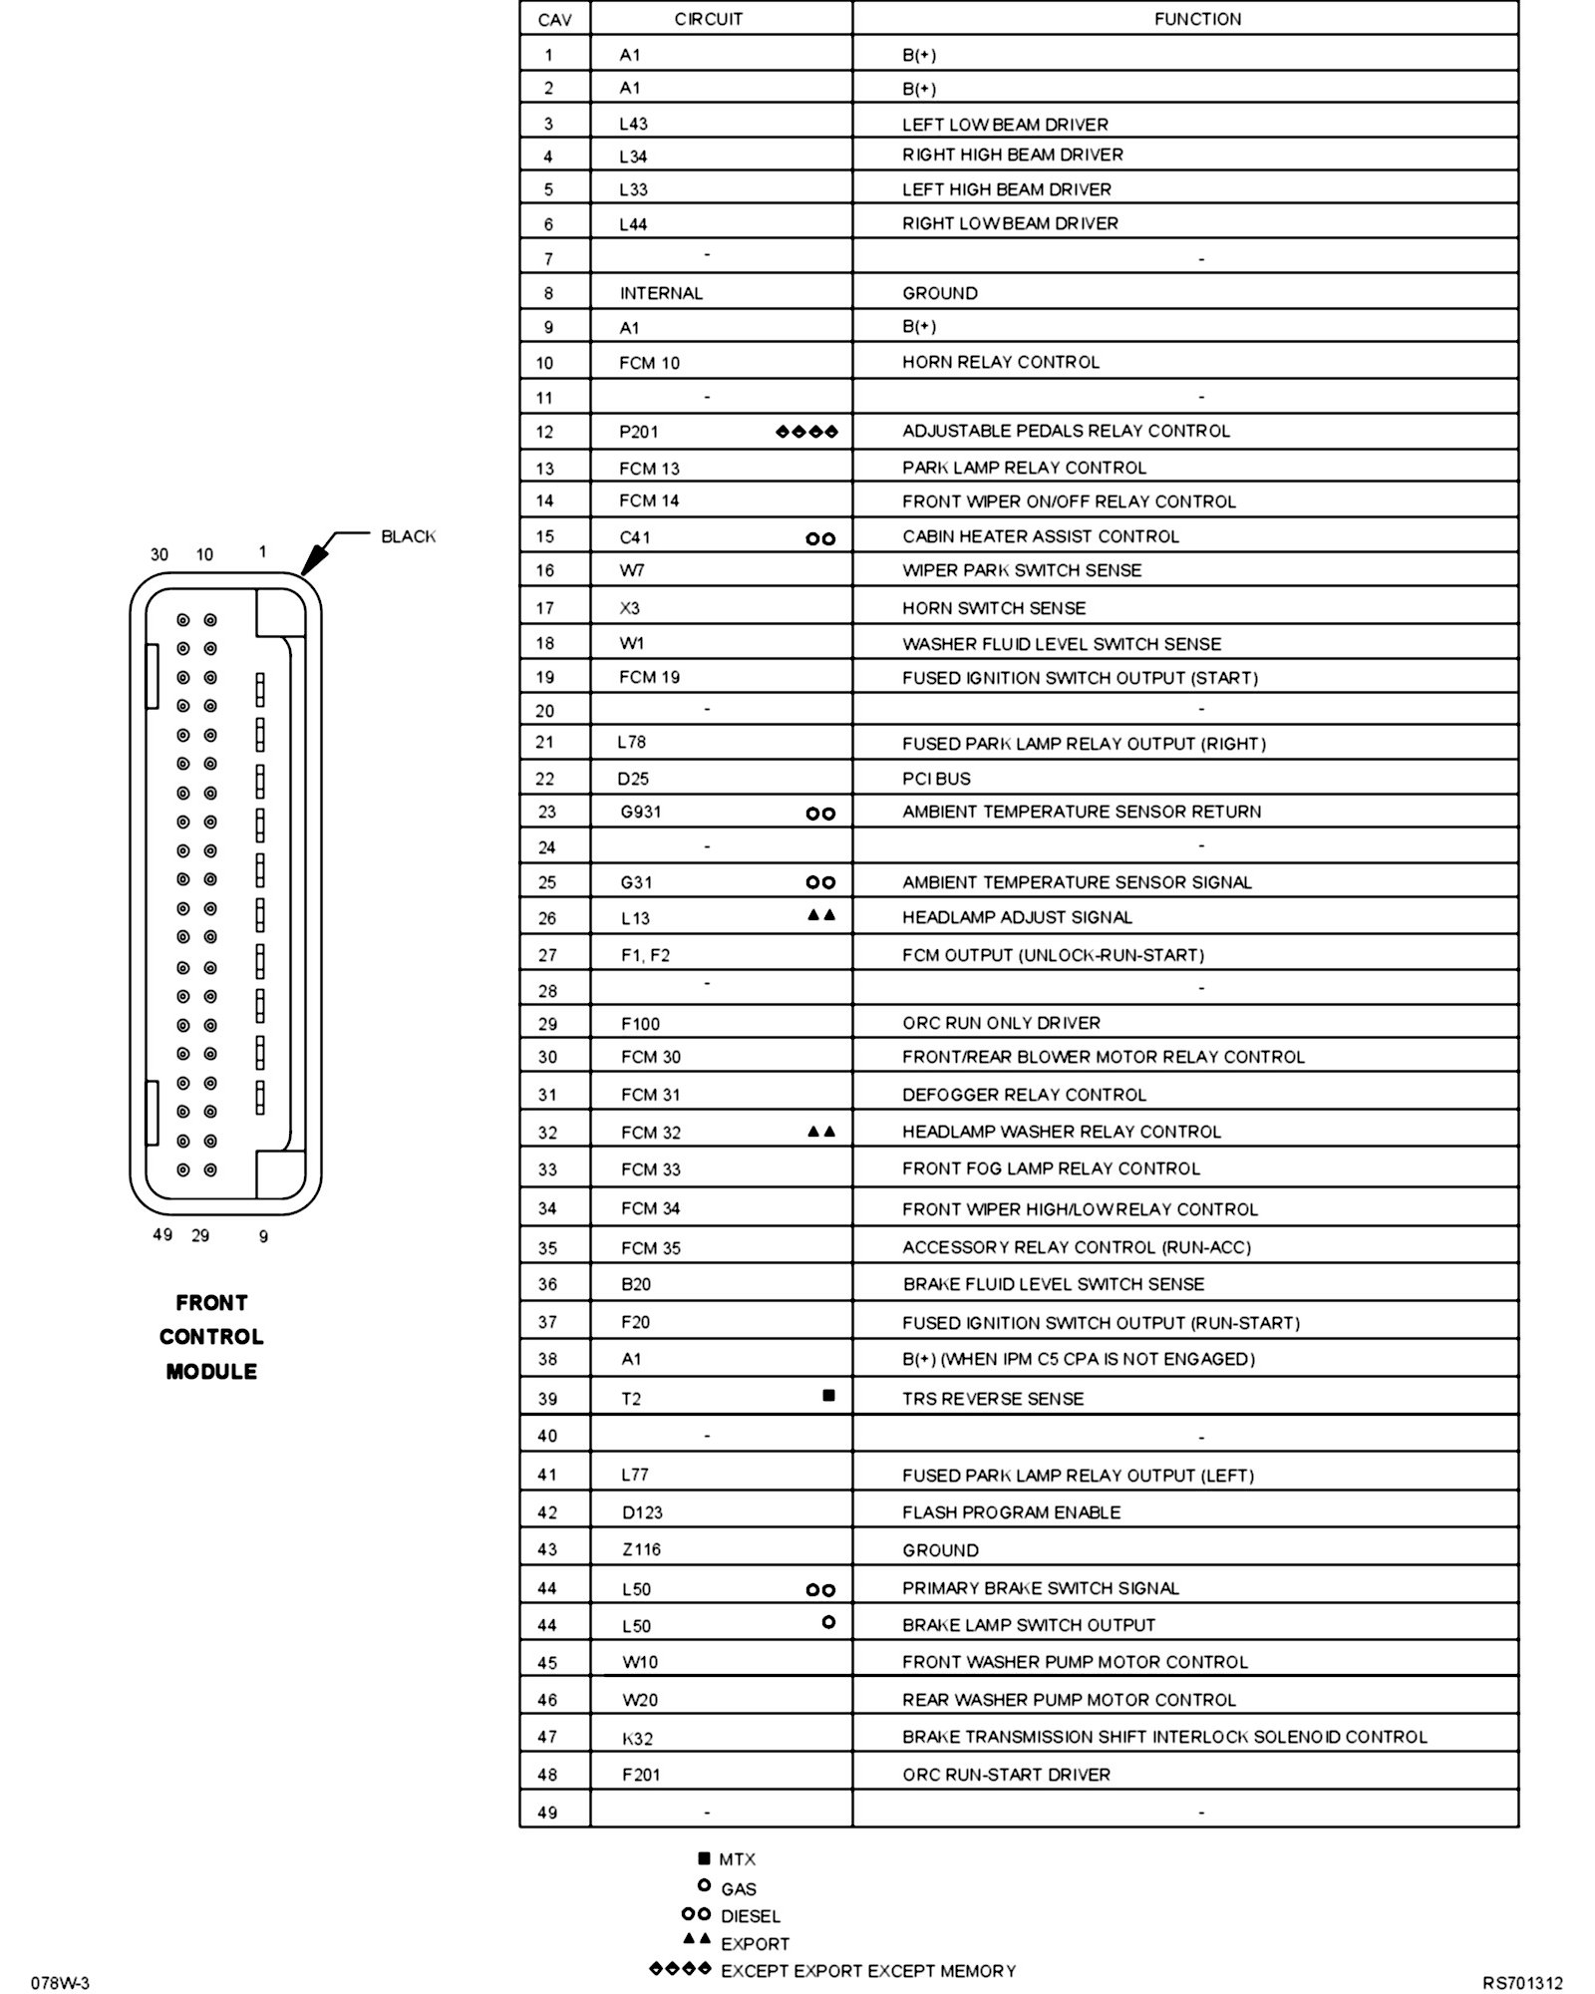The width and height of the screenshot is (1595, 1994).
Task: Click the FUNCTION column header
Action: [1197, 19]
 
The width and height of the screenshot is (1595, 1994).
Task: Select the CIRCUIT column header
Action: [708, 19]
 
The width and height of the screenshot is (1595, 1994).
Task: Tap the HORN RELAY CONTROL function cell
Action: [1001, 362]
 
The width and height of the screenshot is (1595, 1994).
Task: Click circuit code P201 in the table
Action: [638, 432]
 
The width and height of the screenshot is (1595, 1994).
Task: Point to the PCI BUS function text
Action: [936, 779]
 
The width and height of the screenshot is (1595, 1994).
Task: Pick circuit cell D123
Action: [642, 1512]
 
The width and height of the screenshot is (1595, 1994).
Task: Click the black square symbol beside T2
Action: [828, 1396]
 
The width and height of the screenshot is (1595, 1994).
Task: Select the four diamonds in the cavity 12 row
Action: [806, 432]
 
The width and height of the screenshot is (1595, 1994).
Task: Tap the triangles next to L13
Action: [821, 914]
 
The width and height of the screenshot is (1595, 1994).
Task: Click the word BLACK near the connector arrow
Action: [409, 536]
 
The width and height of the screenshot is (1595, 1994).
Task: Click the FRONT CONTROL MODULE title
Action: [211, 1337]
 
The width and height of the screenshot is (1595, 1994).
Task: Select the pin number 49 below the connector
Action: [162, 1234]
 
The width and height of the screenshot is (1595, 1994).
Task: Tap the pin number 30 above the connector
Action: [159, 554]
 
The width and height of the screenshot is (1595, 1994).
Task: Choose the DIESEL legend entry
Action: [750, 1916]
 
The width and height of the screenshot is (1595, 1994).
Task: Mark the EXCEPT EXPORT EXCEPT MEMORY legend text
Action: [867, 1971]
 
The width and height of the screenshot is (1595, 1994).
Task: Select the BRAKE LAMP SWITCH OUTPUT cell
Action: [1029, 1625]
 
